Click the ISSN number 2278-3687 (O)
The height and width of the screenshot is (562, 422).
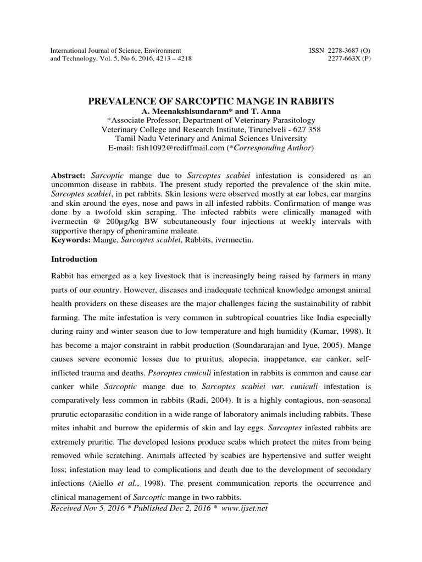(340, 50)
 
